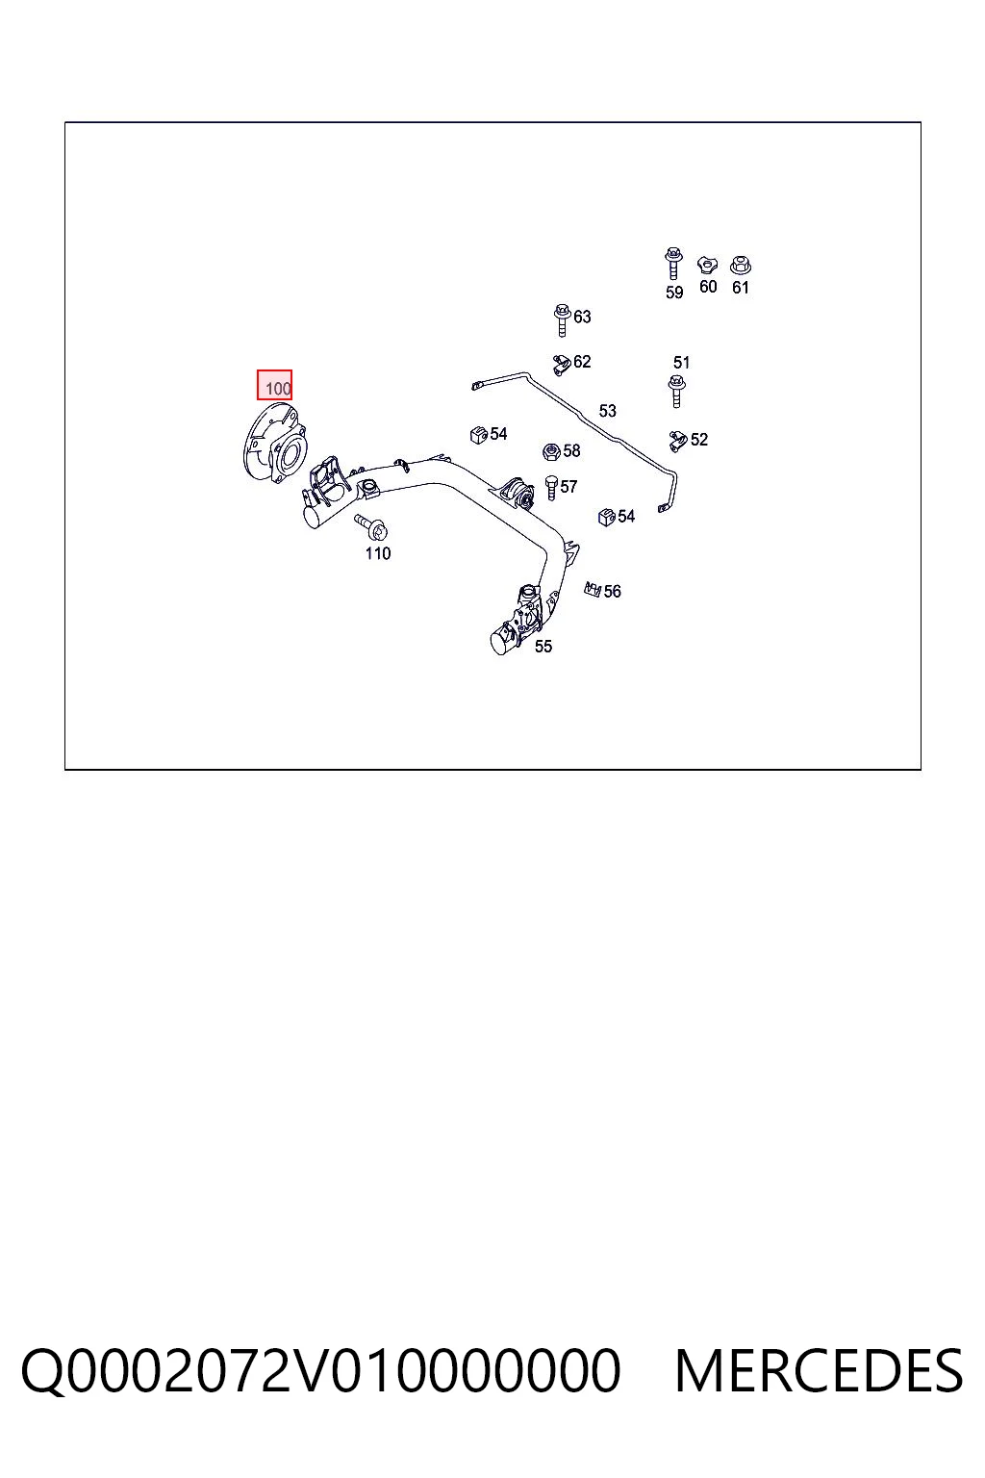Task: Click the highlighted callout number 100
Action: [278, 389]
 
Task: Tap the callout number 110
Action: [378, 553]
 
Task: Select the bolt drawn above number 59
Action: [673, 264]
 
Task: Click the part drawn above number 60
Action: [707, 266]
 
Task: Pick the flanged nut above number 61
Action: [741, 266]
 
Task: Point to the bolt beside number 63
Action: [562, 320]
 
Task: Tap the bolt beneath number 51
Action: [677, 392]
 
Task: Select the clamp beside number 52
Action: [678, 441]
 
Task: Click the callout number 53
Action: [608, 411]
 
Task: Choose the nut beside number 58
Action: [551, 452]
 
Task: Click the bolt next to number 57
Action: [551, 488]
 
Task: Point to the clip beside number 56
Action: [593, 589]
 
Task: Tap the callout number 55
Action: [543, 647]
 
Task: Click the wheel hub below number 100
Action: [274, 444]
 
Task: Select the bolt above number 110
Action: [372, 527]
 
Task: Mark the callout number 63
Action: [582, 317]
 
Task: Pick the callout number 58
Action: [571, 450]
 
